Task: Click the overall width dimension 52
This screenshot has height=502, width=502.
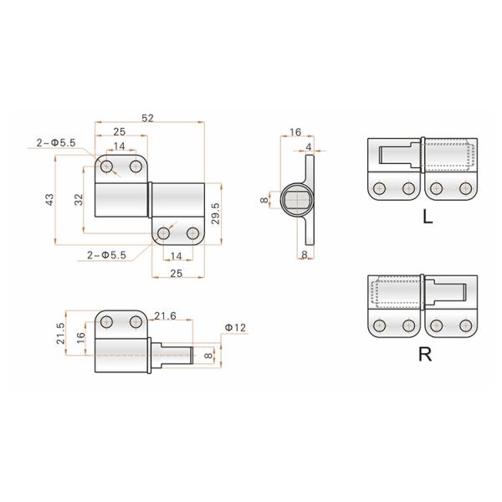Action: point(147,120)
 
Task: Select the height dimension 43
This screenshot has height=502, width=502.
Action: point(49,199)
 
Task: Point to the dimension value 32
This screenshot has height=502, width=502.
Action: point(77,199)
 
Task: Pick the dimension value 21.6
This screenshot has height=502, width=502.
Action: point(166,315)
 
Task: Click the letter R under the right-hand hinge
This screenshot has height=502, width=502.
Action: point(425,354)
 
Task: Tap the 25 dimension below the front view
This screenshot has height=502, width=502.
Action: point(176,273)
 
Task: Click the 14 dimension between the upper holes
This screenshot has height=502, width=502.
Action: point(120,146)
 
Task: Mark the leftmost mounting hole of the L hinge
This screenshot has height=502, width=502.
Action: point(381,188)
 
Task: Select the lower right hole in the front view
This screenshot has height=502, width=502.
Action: point(192,233)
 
